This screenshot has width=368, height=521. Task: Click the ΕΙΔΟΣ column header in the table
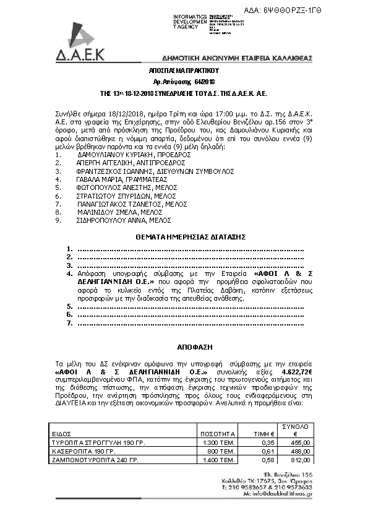pyautogui.click(x=60, y=434)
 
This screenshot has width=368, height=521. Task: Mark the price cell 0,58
pyautogui.click(x=268, y=460)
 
